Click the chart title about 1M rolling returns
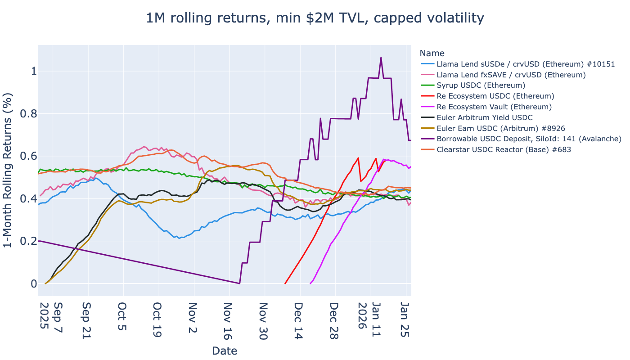coord(315,18)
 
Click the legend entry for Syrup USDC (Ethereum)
coord(481,85)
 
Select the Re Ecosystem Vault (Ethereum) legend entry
coord(494,107)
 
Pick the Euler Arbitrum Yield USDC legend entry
coord(485,117)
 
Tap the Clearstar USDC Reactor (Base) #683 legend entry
coord(504,150)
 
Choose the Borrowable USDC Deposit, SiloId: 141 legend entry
coord(529,139)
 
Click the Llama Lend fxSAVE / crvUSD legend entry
coord(511,74)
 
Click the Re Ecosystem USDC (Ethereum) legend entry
coord(495,96)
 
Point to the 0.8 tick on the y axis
coord(25,114)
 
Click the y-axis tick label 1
coord(31,71)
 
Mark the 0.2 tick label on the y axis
coord(25,241)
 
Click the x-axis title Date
coord(224,351)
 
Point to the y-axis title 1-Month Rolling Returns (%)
coord(8,170)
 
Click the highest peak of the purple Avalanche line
coord(381,58)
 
